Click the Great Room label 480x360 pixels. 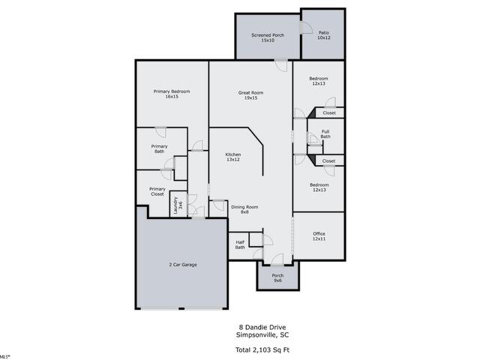[250, 95]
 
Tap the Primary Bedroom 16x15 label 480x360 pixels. [172, 94]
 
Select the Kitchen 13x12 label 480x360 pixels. [233, 157]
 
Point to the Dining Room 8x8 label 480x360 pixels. [244, 209]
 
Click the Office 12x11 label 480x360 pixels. [319, 236]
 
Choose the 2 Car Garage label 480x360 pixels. [183, 265]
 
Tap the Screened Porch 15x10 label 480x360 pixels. [268, 37]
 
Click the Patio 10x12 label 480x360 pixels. [324, 35]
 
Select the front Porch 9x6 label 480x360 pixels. [277, 278]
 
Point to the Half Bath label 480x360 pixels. [240, 245]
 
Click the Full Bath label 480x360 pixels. [325, 134]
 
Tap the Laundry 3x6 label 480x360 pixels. [178, 205]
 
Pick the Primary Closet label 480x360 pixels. [157, 192]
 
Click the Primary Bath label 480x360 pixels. [160, 148]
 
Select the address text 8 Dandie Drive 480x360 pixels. [262, 327]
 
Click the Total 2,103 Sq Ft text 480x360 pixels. [262, 349]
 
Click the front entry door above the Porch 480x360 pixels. [277, 260]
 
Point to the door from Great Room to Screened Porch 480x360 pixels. [280, 65]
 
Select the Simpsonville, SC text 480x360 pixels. [262, 335]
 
